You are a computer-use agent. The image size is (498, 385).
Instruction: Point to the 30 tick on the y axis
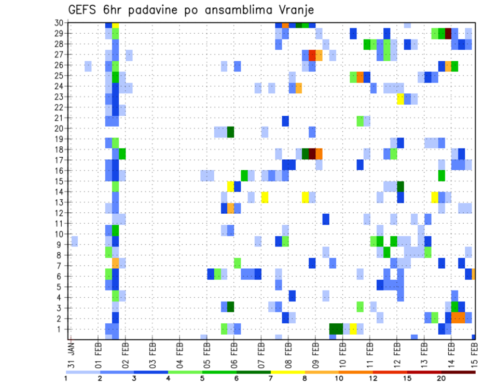tap(59, 23)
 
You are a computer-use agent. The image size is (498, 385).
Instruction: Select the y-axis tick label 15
tap(59, 181)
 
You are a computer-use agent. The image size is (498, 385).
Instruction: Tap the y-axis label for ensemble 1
tap(61, 329)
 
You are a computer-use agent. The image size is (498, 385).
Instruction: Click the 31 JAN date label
tap(72, 353)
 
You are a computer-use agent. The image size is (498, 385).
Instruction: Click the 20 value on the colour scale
tap(441, 378)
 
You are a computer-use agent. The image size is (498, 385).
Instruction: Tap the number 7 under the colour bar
tap(271, 378)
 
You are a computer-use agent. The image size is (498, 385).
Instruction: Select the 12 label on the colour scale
tap(374, 378)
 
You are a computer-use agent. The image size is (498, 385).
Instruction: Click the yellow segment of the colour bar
tap(288, 372)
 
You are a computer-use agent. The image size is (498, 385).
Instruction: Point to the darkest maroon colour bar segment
tap(459, 372)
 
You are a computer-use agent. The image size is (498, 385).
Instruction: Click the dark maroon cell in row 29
tap(448, 33)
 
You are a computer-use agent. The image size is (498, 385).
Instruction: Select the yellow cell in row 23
tap(400, 97)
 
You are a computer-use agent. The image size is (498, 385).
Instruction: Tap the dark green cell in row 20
tap(230, 131)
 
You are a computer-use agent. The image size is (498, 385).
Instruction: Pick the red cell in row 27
tap(312, 55)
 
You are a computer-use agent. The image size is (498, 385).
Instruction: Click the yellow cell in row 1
tap(353, 328)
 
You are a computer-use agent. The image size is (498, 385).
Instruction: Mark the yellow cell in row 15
tap(230, 186)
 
